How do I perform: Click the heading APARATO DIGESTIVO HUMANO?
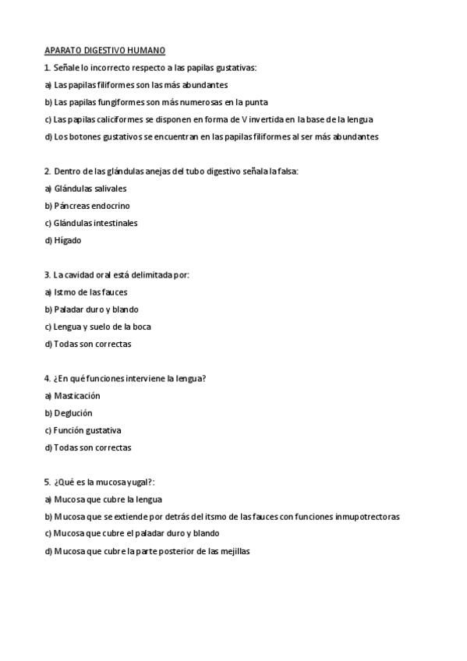click(105, 51)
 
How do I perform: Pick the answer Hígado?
click(67, 240)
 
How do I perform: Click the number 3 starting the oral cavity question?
click(47, 275)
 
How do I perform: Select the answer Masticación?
click(77, 396)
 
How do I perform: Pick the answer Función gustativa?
click(87, 430)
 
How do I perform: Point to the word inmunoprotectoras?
click(366, 517)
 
